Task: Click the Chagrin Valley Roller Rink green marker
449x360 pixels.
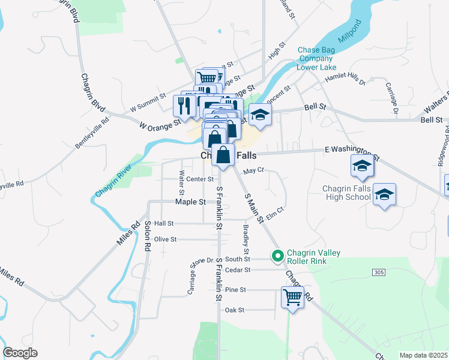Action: (277, 256)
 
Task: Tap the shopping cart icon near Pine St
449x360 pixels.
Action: (292, 296)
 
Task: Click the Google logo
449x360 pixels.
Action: (20, 353)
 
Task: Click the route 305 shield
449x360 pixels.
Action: (378, 272)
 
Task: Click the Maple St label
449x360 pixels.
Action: (191, 202)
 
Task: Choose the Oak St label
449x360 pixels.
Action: (234, 310)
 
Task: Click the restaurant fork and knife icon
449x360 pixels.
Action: (184, 106)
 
